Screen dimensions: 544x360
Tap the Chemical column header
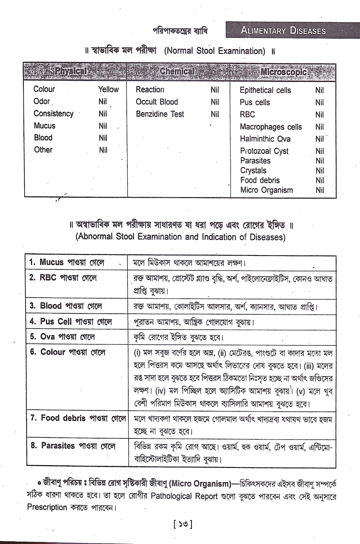176,71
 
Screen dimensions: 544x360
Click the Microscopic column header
283,72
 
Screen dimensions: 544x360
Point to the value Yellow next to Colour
108,89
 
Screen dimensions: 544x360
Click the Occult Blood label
157,102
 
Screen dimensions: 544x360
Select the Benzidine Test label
160,114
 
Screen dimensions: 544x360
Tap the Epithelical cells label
265,90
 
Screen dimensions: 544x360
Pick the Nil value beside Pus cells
319,102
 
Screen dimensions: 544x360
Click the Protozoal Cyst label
264,151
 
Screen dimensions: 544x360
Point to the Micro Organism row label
266,190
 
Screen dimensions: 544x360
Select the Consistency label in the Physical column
53,114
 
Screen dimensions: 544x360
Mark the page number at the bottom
183,525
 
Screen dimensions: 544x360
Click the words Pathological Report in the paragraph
184,496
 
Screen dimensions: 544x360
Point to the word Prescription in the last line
47,508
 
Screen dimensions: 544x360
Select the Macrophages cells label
271,127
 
